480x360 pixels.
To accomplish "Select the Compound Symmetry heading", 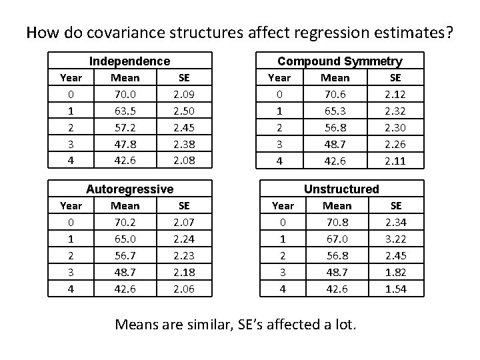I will (339, 61).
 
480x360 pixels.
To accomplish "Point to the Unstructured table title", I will (341, 189).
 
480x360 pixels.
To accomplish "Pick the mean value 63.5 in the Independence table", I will (125, 109).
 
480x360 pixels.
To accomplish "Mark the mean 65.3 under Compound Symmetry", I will (335, 109).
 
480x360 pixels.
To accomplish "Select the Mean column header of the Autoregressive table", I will (125, 206).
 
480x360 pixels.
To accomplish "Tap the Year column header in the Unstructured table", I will (283, 206).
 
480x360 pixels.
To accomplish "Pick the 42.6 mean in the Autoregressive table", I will (125, 289).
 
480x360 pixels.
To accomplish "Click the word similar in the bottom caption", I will (221, 325).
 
